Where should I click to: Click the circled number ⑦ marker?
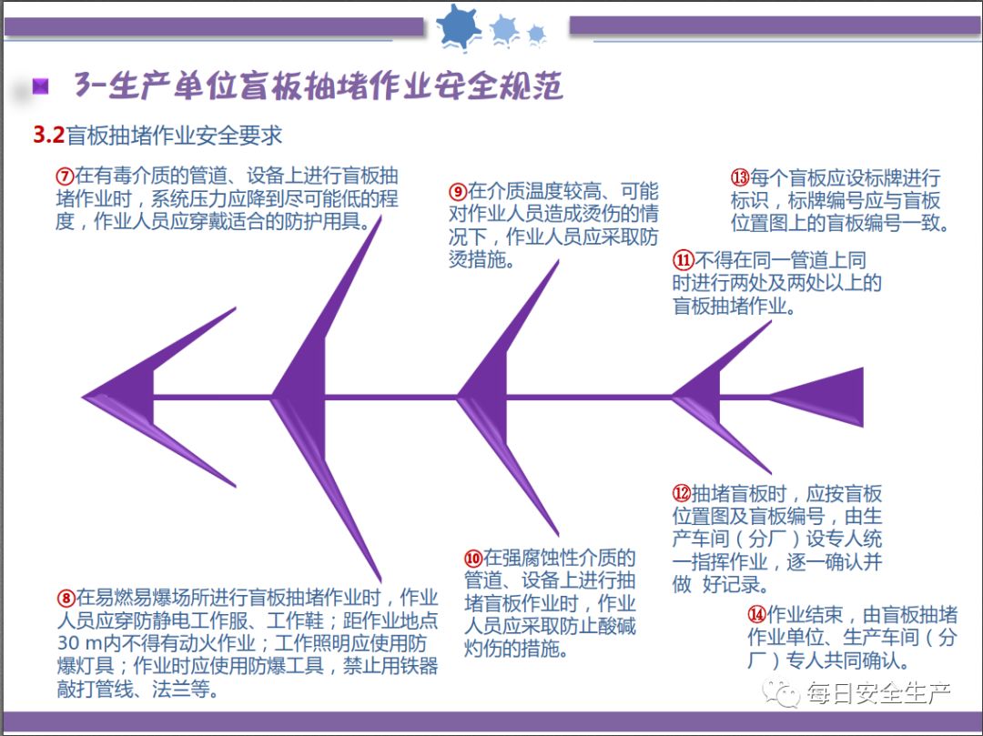tap(65, 176)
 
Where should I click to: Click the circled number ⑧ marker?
tap(66, 598)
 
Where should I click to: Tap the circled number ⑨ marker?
tap(458, 192)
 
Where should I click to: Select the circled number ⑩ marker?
tap(472, 558)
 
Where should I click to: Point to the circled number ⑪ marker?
tap(683, 259)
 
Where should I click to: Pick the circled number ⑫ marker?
tap(682, 494)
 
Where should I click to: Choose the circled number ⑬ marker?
tap(739, 178)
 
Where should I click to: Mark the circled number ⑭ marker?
tap(756, 614)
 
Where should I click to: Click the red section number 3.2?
tap(48, 136)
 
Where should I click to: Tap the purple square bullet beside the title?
tap(40, 86)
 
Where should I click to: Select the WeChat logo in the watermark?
tap(782, 695)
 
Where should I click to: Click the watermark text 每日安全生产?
tap(878, 695)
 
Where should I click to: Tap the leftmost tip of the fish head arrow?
tap(85, 397)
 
